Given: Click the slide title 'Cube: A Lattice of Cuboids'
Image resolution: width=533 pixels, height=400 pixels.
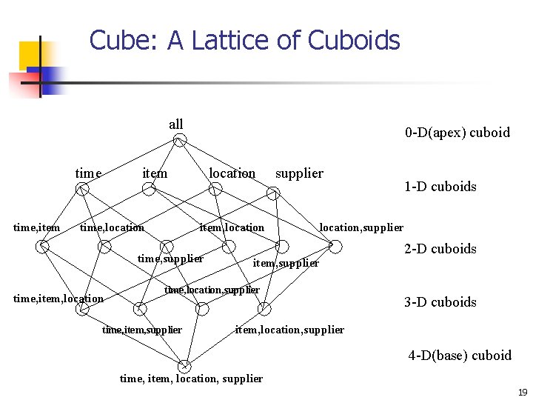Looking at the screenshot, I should (244, 40).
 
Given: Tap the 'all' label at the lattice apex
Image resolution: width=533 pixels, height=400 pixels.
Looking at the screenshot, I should (175, 124).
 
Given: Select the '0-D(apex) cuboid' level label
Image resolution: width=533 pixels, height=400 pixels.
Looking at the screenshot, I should (457, 133).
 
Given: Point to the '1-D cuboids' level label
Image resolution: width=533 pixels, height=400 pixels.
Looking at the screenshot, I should (440, 187).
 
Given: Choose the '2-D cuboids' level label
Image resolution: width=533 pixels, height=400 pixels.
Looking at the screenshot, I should (440, 249).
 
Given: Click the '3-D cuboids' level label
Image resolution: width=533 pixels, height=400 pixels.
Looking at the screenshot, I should (440, 302).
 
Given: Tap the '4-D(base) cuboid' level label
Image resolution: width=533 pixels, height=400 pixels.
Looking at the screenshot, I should (460, 356).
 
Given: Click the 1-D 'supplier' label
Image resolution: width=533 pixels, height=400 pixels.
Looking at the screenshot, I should (299, 173).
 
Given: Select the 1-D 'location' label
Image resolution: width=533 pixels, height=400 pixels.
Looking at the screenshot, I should (232, 173).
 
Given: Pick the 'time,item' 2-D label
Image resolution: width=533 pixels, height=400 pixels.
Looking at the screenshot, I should (37, 227).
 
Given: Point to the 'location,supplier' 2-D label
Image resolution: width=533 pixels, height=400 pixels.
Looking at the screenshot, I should (361, 227).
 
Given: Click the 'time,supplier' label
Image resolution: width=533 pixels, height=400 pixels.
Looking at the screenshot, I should (170, 259).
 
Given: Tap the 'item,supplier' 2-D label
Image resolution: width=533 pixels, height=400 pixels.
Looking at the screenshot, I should (286, 263).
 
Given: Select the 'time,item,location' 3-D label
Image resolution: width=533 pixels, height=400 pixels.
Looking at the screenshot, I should (58, 299).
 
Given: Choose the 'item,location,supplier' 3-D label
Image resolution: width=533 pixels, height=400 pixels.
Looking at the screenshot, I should (289, 330).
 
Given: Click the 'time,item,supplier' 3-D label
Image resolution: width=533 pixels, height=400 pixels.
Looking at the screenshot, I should (141, 330).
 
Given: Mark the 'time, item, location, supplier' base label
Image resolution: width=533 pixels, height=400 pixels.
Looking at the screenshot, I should (191, 379).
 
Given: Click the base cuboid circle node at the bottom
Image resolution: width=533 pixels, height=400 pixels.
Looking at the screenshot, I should (184, 366).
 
